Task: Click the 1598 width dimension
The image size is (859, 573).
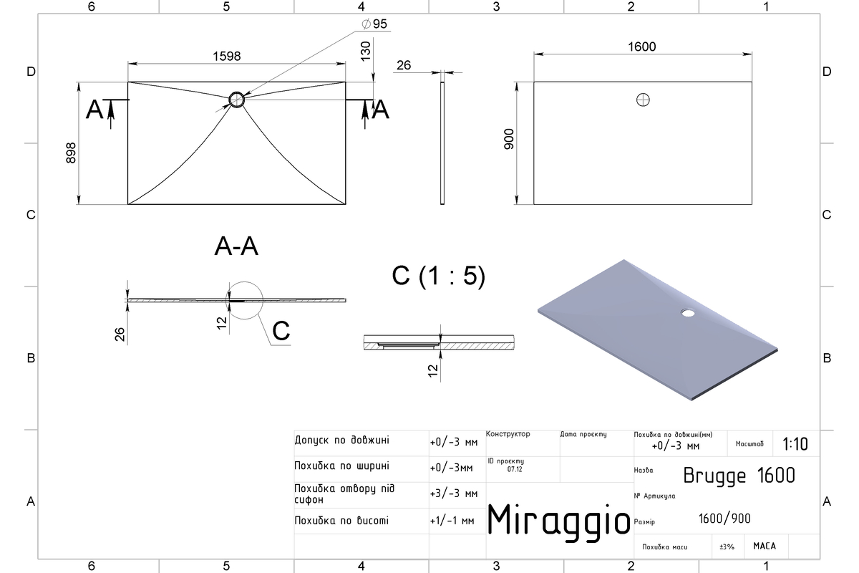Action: click(x=227, y=57)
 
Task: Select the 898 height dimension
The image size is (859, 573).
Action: click(x=71, y=153)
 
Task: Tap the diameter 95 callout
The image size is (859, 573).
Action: click(x=374, y=24)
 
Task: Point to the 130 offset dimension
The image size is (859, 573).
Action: click(x=366, y=51)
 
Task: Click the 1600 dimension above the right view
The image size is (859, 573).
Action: click(x=641, y=47)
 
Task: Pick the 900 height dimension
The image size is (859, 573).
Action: click(x=509, y=139)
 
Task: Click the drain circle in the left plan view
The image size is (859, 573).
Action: click(x=237, y=100)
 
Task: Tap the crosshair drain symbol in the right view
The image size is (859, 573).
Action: click(x=643, y=100)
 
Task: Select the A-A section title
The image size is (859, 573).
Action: click(x=236, y=246)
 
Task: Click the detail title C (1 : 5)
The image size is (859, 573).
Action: click(x=439, y=276)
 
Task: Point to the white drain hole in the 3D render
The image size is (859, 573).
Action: click(x=688, y=313)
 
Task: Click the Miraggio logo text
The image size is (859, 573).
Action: click(x=559, y=522)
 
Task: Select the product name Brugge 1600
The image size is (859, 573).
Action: click(x=739, y=476)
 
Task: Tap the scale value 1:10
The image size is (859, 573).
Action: click(x=795, y=444)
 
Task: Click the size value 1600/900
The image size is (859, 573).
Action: click(x=724, y=519)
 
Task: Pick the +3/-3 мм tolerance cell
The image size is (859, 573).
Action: click(x=454, y=493)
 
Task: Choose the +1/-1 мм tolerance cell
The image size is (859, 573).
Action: click(x=452, y=521)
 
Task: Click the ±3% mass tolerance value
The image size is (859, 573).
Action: click(x=727, y=546)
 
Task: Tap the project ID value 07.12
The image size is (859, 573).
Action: click(x=515, y=469)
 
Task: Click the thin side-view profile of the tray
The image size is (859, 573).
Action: click(x=442, y=143)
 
